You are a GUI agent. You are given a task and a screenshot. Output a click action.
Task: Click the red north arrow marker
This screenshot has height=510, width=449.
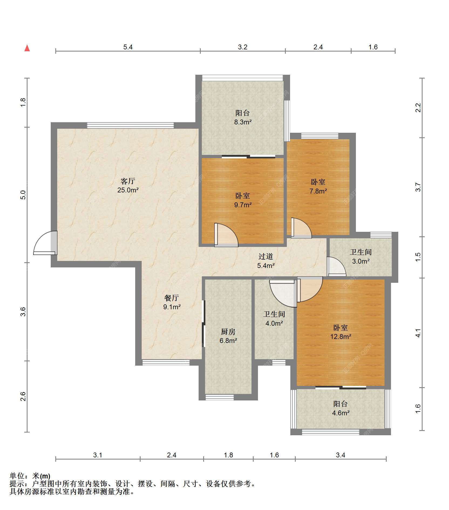click(27, 48)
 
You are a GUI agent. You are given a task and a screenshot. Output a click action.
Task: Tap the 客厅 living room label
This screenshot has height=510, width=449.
click(128, 181)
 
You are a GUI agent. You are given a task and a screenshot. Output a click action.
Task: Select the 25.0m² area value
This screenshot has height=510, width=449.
click(128, 190)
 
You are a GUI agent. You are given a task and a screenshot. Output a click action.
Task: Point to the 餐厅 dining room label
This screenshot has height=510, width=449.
click(172, 298)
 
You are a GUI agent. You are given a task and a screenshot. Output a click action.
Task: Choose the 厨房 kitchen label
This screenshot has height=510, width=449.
click(228, 332)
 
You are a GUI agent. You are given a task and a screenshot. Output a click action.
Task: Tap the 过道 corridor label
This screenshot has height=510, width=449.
click(266, 256)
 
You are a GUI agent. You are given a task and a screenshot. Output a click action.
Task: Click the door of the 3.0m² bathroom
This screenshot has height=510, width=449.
click(336, 266)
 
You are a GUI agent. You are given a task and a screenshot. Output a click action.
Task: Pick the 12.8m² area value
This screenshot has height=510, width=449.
click(341, 336)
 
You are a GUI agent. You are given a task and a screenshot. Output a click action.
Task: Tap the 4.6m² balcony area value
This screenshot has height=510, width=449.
click(341, 413)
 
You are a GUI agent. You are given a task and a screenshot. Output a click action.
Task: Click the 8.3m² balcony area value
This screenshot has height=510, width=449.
click(243, 122)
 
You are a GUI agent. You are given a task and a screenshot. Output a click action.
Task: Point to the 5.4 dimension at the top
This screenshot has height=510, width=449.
click(128, 47)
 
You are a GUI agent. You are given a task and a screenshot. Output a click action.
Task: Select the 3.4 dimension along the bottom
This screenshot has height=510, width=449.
click(341, 455)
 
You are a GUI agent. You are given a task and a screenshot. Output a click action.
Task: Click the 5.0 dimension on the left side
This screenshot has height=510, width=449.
click(23, 195)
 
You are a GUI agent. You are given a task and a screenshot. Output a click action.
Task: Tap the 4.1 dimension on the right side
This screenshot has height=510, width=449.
click(418, 333)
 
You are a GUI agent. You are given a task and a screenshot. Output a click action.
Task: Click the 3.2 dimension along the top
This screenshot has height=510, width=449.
click(243, 47)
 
